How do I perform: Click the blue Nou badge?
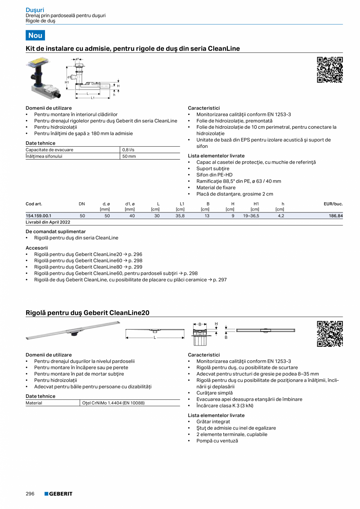tap(35, 35)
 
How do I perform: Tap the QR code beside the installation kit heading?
tap(329, 70)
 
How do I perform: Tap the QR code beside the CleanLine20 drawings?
tap(329, 334)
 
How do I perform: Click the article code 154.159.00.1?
tap(38, 216)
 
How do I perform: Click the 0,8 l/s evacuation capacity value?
tap(128, 150)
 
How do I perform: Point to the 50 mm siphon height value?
tap(129, 156)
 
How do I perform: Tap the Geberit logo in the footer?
tap(58, 494)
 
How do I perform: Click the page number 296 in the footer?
tap(30, 494)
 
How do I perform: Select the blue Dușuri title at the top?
tap(35, 10)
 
